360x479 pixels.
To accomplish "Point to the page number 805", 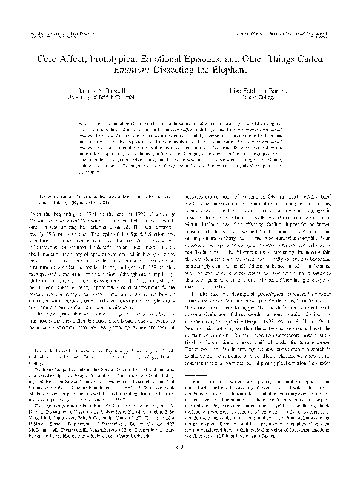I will pos(181,463).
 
